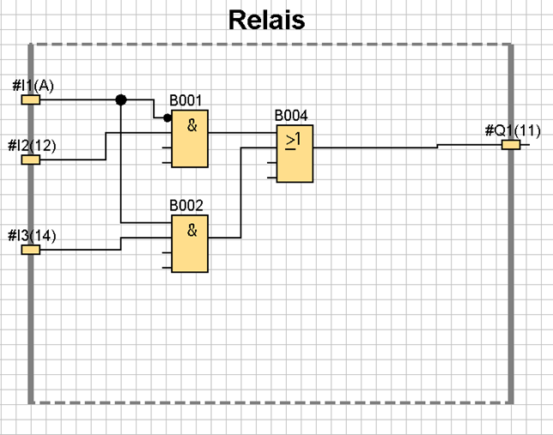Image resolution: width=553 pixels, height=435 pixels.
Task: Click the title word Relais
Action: pos(267,20)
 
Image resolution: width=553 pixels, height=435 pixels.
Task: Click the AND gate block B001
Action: pos(189,141)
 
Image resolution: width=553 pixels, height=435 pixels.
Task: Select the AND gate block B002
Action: pos(189,245)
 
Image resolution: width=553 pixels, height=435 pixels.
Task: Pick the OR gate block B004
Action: pos(294,153)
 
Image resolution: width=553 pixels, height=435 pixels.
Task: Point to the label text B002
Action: pos(186,206)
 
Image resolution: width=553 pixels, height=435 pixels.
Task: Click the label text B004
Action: pos(290,115)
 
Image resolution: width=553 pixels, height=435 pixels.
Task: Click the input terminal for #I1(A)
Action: pos(31,100)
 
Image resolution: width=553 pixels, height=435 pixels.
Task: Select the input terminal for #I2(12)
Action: pos(31,159)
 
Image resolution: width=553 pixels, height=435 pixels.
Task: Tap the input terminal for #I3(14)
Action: pos(31,250)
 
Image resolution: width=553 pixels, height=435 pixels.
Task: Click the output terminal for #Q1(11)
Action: pos(511,144)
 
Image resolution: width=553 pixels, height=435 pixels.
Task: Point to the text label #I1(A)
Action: pos(33,86)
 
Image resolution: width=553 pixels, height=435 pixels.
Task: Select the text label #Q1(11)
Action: pos(513,130)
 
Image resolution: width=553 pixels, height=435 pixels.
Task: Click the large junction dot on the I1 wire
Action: pos(121,100)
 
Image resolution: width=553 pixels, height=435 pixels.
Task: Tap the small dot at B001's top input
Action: pos(167,118)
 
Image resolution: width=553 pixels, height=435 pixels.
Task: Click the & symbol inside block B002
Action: pos(192,229)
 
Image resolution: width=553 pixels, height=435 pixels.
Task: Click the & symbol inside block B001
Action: pos(192,125)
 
